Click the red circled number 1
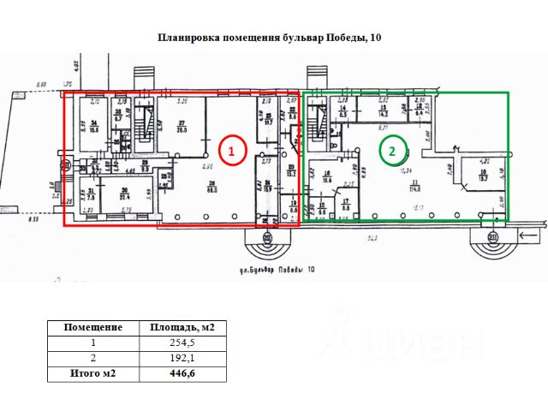tap(232, 152)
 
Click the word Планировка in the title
tap(189, 39)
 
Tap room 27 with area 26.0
tap(182, 126)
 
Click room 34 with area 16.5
tap(92, 126)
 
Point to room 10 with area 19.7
tap(482, 177)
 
